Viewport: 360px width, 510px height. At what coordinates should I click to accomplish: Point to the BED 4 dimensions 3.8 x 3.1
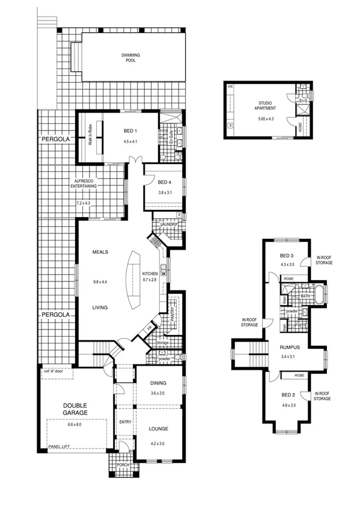[x=165, y=193]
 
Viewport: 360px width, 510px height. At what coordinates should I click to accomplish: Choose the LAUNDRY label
[x=168, y=225]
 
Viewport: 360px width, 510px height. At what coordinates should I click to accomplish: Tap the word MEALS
[x=100, y=252]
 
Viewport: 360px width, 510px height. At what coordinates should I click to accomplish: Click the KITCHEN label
[x=150, y=274]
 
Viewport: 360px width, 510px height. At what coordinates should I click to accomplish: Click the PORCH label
[x=123, y=465]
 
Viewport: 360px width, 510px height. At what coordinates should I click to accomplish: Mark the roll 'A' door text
[x=55, y=372]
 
